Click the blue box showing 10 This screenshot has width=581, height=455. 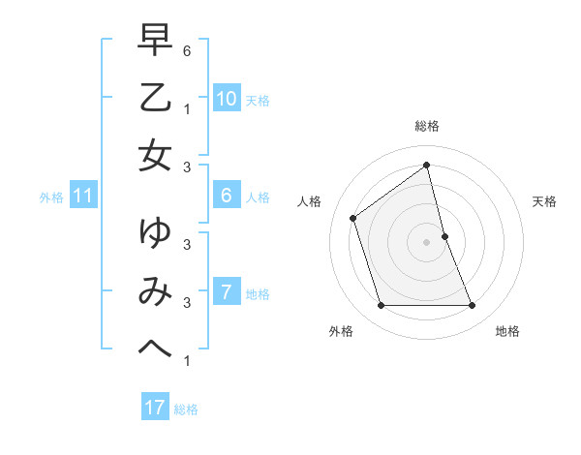[226, 98]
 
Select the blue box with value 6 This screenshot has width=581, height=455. [226, 196]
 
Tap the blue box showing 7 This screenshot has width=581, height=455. [226, 291]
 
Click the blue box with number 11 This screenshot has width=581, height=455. [82, 196]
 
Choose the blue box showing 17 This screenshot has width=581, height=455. [154, 408]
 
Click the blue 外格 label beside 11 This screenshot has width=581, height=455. [51, 197]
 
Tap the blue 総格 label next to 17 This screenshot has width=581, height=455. [186, 409]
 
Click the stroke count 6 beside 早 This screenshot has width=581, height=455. [187, 49]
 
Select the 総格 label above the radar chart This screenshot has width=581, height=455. [427, 126]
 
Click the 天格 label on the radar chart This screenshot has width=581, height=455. [544, 201]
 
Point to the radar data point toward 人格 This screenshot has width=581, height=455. [353, 218]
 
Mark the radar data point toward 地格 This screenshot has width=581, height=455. [472, 306]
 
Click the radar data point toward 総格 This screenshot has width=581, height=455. [427, 166]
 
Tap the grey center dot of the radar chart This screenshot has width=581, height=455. [427, 241]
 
